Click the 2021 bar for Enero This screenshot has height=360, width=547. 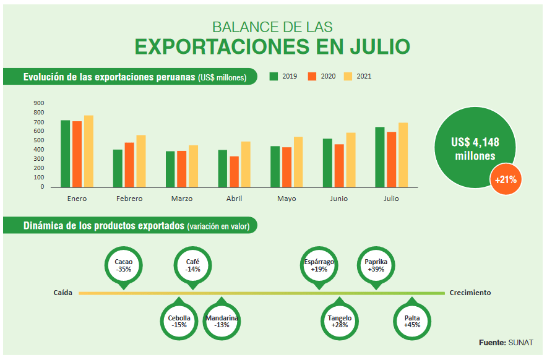[x=88, y=151]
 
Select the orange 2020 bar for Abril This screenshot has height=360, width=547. [x=234, y=171]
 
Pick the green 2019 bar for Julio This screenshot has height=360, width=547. [x=379, y=156]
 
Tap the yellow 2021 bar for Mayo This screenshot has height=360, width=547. [x=298, y=161]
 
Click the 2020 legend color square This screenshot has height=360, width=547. [x=312, y=77]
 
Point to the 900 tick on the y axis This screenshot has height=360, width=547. [x=39, y=103]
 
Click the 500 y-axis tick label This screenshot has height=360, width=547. [x=39, y=140]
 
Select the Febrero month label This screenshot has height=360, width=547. [x=129, y=199]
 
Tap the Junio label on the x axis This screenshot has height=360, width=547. [x=338, y=199]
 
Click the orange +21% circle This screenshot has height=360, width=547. [x=506, y=180]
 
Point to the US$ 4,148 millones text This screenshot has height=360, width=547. [x=475, y=148]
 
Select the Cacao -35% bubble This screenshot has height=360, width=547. [x=123, y=265]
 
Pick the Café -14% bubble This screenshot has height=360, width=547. [x=193, y=265]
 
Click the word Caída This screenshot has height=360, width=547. [x=63, y=293]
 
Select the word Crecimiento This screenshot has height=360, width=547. [x=470, y=293]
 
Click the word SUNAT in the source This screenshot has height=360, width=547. [x=520, y=342]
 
